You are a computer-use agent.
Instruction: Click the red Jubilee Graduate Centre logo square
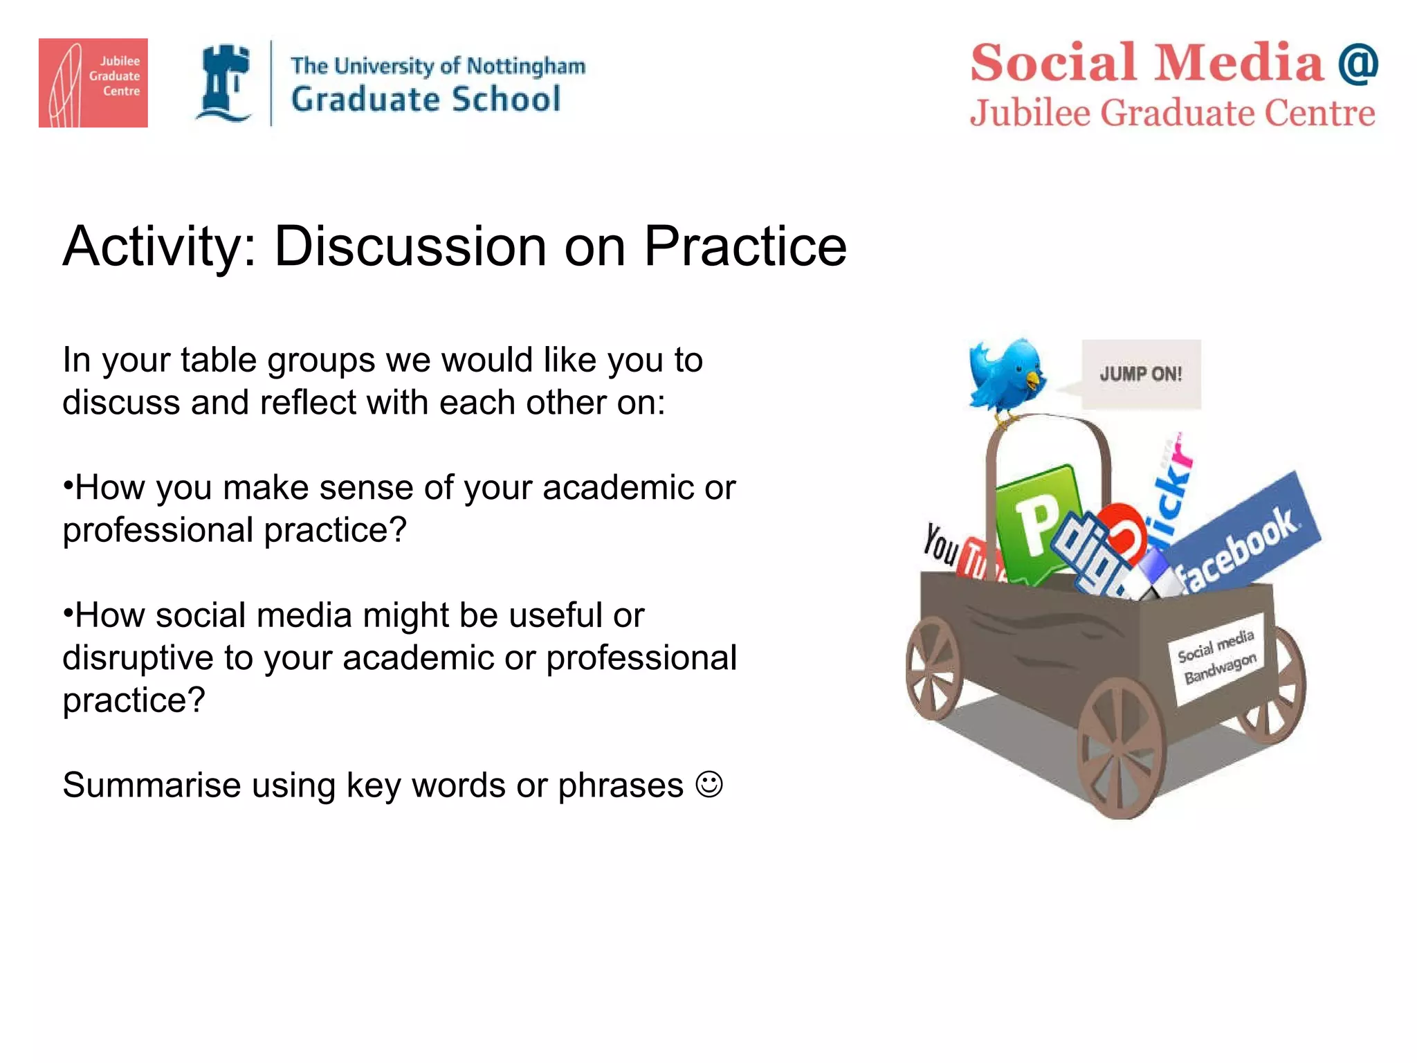click(93, 82)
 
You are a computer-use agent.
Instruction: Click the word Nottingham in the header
click(526, 66)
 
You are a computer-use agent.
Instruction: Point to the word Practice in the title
click(745, 247)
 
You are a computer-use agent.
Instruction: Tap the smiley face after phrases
click(709, 785)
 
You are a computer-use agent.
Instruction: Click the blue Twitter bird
click(1007, 376)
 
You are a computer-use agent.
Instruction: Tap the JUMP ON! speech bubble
click(1141, 374)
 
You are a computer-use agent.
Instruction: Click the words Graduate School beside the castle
click(426, 99)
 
